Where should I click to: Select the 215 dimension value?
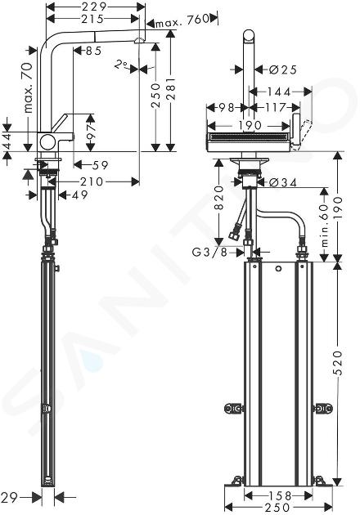[92, 19]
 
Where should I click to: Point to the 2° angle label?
[120, 64]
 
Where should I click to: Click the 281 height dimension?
[171, 89]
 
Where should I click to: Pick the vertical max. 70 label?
[29, 87]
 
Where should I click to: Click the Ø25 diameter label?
[283, 69]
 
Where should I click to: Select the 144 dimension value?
[278, 92]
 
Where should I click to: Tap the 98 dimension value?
[227, 107]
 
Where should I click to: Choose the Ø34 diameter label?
[283, 182]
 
